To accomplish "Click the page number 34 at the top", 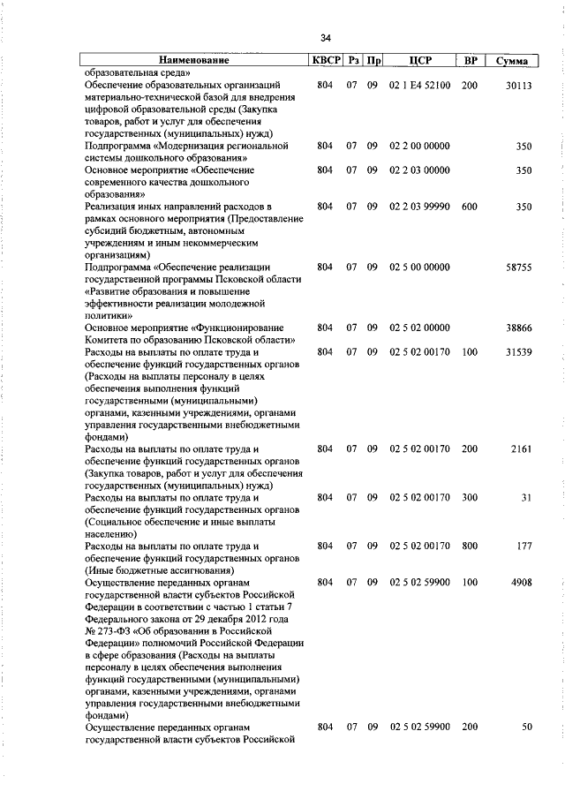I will (x=326, y=38).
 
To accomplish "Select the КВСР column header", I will (x=324, y=61).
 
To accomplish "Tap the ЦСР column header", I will (x=419, y=61).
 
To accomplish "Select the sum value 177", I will (x=524, y=546).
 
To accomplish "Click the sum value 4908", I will (x=520, y=583).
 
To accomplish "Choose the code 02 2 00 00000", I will (x=419, y=146).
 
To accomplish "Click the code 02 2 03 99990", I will (x=419, y=207).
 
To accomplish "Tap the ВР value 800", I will (x=470, y=546).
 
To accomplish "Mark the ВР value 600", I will (x=470, y=207).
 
